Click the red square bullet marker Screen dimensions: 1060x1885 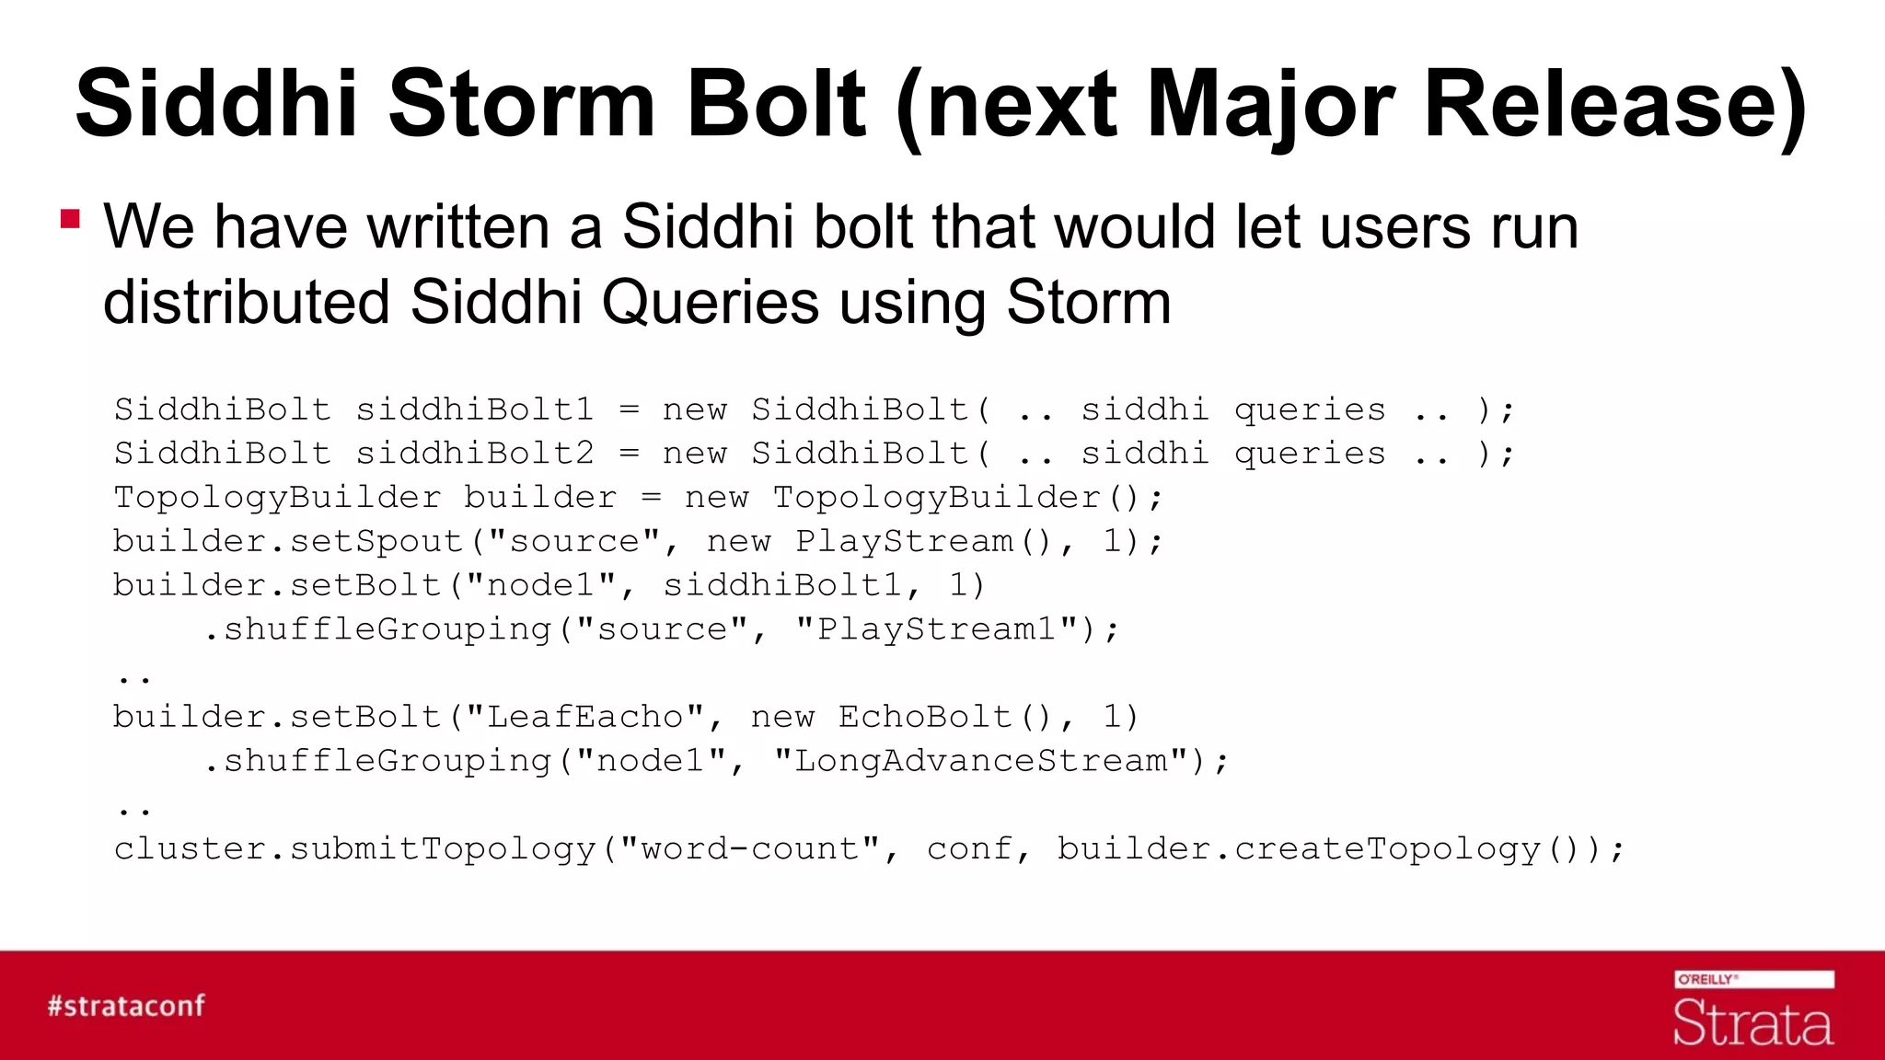(x=70, y=219)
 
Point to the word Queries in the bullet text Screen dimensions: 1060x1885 (x=710, y=302)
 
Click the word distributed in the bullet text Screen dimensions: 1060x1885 (x=246, y=302)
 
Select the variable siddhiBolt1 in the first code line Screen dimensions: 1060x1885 (x=475, y=409)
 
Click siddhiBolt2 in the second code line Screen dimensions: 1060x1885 (x=475, y=454)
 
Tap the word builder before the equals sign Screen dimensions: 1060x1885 (x=540, y=498)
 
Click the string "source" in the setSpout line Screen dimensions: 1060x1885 (x=574, y=541)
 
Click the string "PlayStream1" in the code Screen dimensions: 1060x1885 (x=936, y=629)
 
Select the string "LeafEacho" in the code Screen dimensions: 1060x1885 (x=584, y=717)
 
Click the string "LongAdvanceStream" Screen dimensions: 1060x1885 (x=981, y=761)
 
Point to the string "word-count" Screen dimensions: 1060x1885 (x=750, y=848)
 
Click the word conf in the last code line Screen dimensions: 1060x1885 (x=969, y=848)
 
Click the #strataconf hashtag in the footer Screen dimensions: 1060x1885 (x=127, y=1006)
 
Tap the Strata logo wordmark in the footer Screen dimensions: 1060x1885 (x=1752, y=1023)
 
